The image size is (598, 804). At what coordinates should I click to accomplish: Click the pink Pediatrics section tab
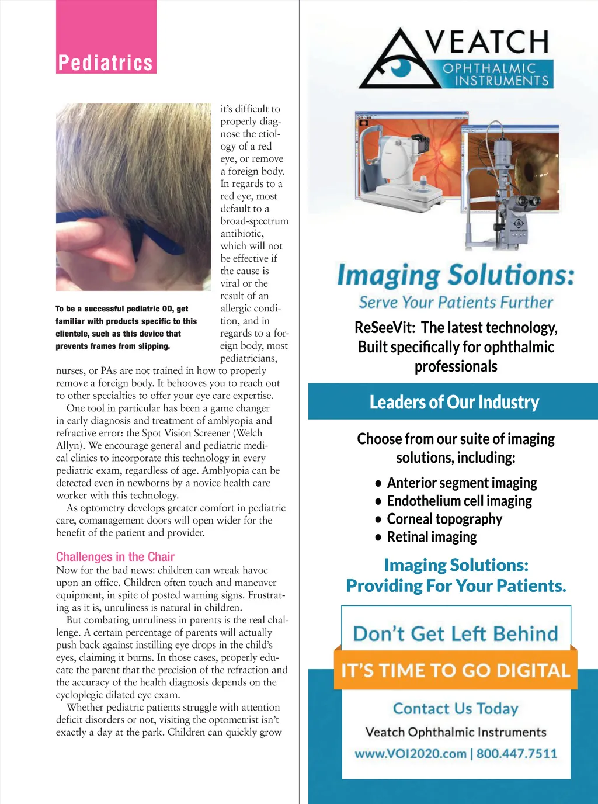point(106,62)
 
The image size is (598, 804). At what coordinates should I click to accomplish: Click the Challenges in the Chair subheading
point(115,557)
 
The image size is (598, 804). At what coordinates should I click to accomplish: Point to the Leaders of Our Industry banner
point(454,402)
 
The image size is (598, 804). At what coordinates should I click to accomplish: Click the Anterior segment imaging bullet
point(461,483)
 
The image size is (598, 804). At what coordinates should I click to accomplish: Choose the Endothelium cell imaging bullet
point(459,501)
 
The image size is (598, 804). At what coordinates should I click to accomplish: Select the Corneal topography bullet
point(444,519)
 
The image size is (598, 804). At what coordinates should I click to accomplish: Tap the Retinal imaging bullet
point(432,538)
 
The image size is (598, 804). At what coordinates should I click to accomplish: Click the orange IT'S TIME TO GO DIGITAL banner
point(456,670)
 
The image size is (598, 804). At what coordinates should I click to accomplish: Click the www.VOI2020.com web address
point(411,754)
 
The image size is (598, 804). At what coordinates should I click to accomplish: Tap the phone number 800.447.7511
point(517,754)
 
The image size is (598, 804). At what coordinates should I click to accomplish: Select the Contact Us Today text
point(456,709)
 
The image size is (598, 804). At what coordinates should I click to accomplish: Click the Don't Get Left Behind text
point(456,634)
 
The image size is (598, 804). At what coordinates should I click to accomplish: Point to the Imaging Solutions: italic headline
point(456,275)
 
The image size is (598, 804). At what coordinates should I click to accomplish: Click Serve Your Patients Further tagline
point(456,303)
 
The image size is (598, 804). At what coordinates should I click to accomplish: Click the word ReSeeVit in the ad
point(385,328)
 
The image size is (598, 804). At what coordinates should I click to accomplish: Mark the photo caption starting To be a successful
point(126,327)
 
